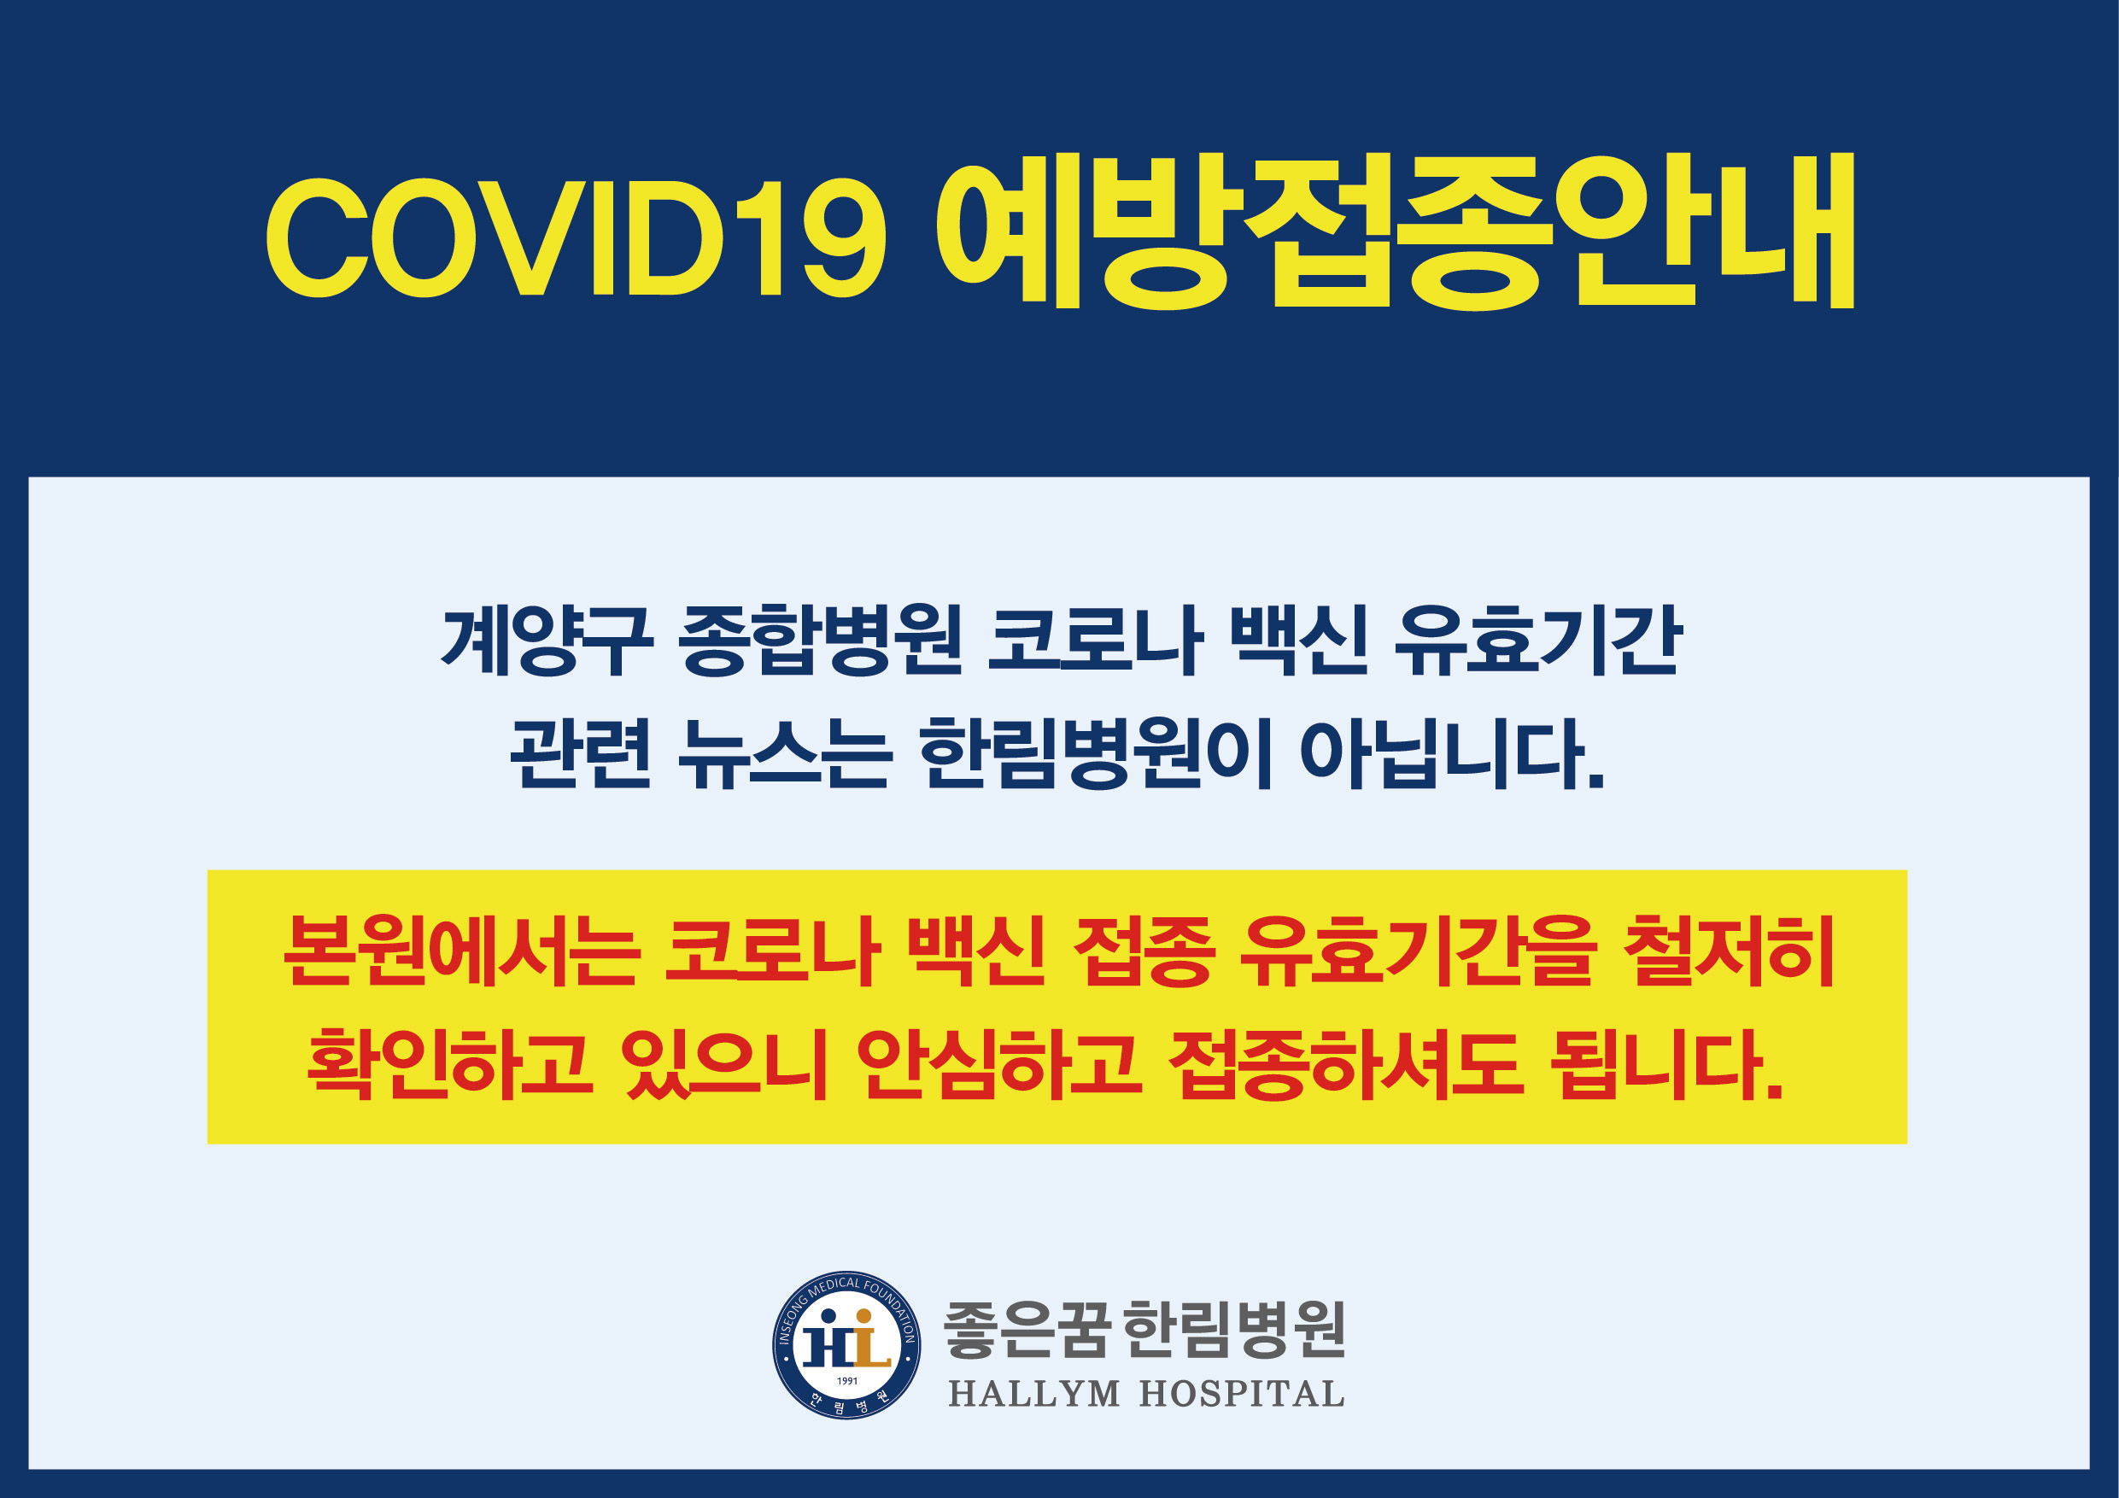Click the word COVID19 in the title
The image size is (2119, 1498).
point(577,237)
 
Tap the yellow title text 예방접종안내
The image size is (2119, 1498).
point(1396,231)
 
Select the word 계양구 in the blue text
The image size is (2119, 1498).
point(547,640)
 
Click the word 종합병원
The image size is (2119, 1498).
point(821,640)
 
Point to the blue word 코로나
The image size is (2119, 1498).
point(1095,640)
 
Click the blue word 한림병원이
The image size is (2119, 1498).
point(1096,754)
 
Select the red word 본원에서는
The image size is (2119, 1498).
point(461,951)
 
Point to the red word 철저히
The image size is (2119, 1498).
point(1728,951)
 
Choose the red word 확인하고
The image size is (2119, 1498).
point(449,1064)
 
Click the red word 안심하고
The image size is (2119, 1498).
point(998,1064)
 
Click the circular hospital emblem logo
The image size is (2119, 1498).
point(846,1345)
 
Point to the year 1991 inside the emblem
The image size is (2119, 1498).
point(847,1381)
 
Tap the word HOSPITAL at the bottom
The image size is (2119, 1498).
point(1241,1394)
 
